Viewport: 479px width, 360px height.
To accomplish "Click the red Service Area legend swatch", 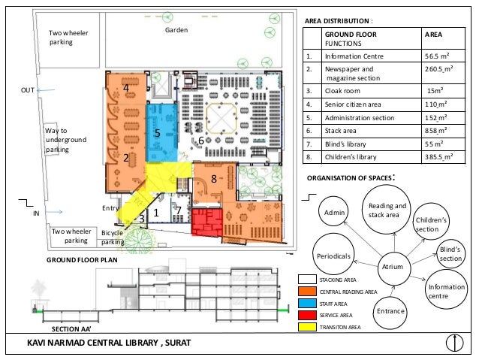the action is click(307, 315).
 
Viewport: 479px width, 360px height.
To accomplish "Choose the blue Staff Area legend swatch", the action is click(307, 303).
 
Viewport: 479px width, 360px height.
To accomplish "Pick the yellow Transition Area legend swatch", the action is click(307, 327).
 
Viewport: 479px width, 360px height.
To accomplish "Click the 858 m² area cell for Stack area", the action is click(436, 131).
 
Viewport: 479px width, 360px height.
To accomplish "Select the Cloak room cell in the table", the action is click(342, 91).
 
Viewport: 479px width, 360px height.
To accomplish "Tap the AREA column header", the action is click(433, 35).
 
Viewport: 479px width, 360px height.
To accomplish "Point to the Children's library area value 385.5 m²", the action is click(438, 157).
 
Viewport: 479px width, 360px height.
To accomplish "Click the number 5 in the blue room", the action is click(158, 133).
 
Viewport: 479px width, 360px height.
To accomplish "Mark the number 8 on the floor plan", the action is click(214, 179).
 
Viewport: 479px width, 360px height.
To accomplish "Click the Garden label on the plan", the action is click(176, 30).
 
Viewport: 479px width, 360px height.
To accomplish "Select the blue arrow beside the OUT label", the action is click(46, 90).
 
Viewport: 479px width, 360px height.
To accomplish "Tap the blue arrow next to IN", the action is click(54, 212).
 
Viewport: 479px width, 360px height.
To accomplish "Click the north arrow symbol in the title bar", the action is click(454, 343).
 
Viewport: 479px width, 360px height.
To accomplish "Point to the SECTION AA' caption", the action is click(71, 329).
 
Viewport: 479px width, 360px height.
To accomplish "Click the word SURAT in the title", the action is click(178, 343).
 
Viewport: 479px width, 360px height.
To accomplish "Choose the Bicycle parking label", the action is click(113, 237).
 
